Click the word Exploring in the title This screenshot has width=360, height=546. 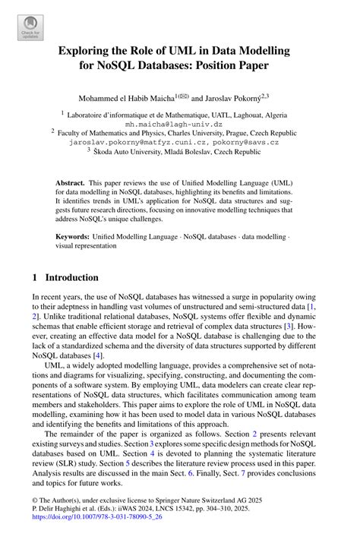(87, 50)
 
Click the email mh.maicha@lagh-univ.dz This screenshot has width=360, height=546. (174, 123)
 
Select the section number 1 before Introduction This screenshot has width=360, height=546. (35, 277)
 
